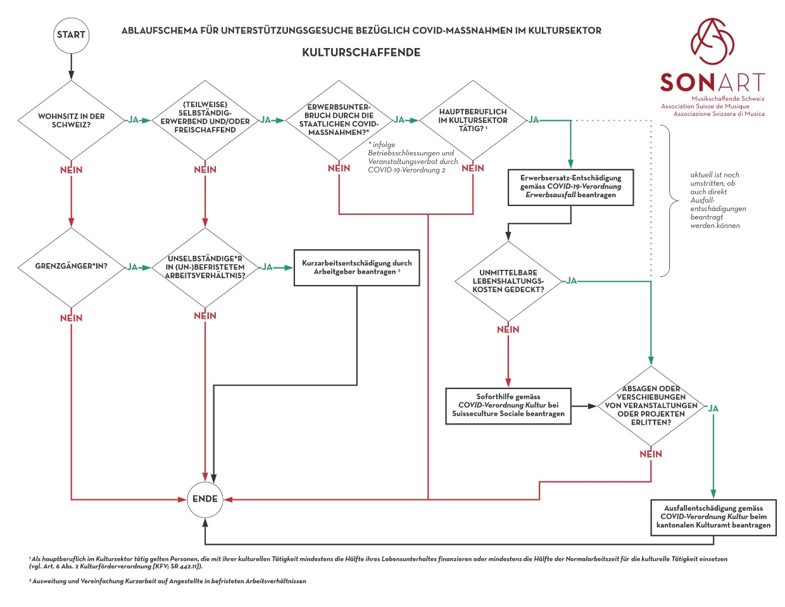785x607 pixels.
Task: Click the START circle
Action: [x=70, y=35]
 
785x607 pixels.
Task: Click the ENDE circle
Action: [x=205, y=499]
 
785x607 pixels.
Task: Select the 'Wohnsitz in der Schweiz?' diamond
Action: [x=71, y=120]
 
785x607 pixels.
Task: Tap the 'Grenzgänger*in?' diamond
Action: [x=71, y=267]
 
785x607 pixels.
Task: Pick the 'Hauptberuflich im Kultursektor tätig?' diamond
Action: [x=473, y=120]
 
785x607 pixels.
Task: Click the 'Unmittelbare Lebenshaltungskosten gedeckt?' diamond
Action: [x=508, y=281]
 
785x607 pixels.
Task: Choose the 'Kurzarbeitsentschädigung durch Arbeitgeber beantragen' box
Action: [x=357, y=267]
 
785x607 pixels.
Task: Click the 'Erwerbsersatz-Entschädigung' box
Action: [x=570, y=187]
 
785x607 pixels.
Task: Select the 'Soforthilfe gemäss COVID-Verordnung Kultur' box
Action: [x=508, y=406]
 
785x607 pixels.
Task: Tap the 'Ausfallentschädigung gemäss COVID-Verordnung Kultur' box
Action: [x=713, y=517]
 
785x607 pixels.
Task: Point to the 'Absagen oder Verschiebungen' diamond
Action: [x=651, y=406]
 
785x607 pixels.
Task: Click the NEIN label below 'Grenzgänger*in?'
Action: [x=71, y=318]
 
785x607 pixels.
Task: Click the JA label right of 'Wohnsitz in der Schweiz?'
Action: [x=133, y=120]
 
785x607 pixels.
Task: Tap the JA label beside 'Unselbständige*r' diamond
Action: [x=267, y=267]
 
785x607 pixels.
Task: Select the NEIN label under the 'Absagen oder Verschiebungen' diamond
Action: [x=651, y=454]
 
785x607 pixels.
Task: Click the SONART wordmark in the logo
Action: [x=712, y=82]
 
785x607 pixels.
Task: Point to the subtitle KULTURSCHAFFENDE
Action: [x=361, y=53]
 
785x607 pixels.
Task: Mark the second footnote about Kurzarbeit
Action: [x=168, y=581]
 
